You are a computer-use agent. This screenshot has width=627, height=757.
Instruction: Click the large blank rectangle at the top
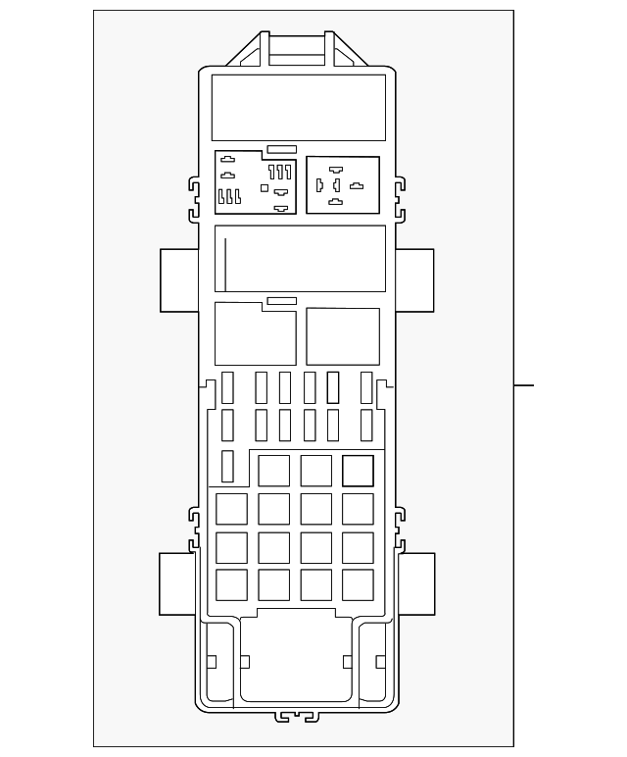pos(298,106)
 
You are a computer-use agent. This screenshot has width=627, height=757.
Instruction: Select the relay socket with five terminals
pos(342,184)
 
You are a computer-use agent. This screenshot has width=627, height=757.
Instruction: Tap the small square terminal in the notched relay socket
pos(265,186)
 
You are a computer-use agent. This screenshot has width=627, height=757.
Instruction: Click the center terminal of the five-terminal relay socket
pos(336,184)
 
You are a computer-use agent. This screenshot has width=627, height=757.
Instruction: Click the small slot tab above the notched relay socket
pos(281,149)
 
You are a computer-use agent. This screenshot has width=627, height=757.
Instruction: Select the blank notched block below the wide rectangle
pos(255,333)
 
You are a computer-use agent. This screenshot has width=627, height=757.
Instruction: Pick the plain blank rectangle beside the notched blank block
pos(342,336)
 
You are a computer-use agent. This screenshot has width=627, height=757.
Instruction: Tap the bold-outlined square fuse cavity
pos(359,471)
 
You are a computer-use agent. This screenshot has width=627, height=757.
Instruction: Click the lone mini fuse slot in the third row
pos(227,467)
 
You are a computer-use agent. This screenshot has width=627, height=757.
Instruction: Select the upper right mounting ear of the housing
pos(414,280)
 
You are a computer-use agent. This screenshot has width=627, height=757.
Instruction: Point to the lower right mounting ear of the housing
pos(415,583)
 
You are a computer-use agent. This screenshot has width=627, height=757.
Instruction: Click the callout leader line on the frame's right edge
pos(524,384)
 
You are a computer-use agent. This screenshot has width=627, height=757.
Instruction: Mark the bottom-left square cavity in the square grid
pos(231,583)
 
